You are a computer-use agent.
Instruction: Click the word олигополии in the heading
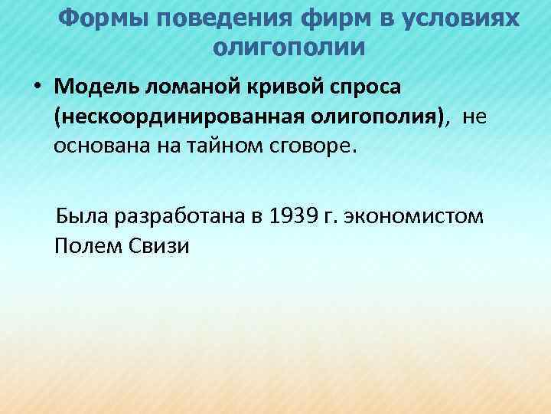point(289,48)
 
